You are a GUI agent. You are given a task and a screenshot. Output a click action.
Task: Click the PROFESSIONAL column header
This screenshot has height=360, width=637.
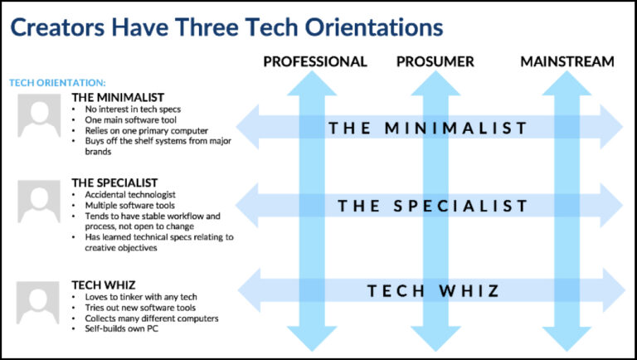point(315,61)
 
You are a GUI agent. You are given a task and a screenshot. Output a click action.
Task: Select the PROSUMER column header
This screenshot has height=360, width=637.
point(435,61)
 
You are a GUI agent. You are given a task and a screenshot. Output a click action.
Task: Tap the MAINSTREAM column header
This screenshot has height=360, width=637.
point(567,61)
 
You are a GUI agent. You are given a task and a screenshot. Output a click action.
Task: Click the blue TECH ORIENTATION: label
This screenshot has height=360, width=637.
point(57,83)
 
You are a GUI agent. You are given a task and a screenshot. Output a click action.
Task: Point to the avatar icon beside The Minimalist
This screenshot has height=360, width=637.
point(39,115)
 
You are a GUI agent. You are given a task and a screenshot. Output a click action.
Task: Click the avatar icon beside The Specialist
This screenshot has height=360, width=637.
point(39,202)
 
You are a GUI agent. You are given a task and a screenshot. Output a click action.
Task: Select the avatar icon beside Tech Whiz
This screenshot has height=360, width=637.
point(38,302)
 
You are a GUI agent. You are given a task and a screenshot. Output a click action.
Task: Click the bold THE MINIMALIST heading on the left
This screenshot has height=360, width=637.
point(118,98)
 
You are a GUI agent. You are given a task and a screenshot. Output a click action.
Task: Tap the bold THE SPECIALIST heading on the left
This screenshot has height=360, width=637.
point(114,182)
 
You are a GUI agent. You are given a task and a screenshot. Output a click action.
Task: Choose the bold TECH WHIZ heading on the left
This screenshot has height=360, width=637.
point(104,285)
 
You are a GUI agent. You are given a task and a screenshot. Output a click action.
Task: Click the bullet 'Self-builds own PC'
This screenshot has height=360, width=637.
point(121,328)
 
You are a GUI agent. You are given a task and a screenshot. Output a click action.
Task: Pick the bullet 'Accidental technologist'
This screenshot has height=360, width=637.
point(130,195)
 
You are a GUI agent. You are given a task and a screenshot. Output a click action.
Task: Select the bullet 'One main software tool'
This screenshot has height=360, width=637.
point(130,120)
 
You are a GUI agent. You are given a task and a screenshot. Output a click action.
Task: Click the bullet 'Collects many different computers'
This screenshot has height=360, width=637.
point(152,319)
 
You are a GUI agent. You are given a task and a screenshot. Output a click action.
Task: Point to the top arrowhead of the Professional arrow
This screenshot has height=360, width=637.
point(312,83)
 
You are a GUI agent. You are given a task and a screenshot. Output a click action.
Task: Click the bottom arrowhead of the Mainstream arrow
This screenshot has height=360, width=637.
point(566,338)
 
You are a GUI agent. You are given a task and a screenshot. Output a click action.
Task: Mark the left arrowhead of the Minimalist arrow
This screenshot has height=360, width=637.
point(248,127)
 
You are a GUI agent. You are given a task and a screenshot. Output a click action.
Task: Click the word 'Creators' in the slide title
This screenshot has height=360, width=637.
point(58,27)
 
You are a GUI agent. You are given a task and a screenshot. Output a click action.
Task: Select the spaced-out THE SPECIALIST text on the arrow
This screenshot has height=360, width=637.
point(432,206)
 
